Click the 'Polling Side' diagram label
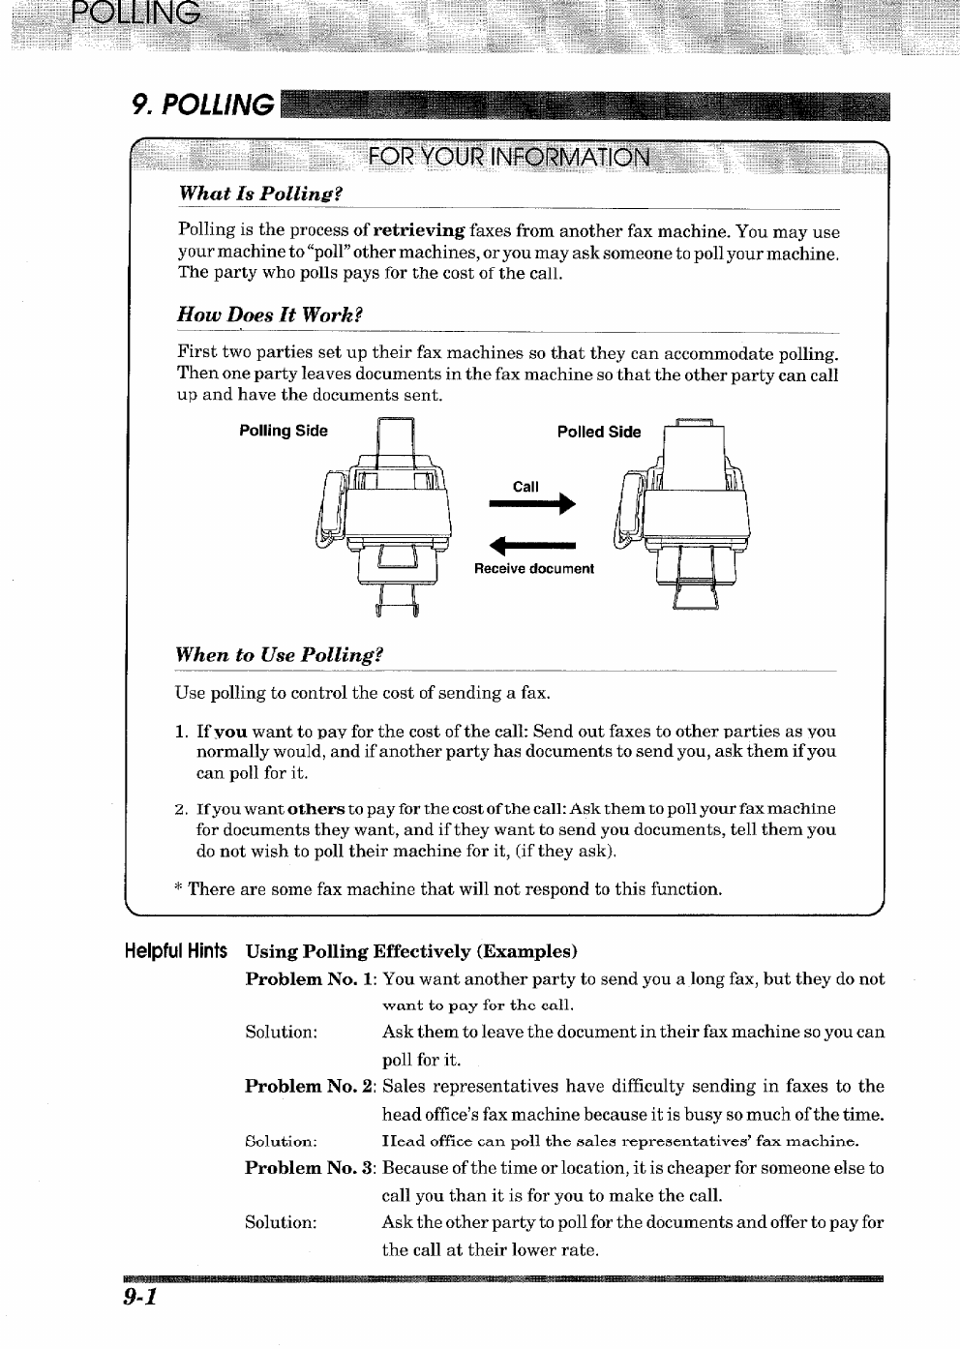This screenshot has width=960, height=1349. pos(284,431)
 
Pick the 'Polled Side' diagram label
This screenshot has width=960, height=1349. pos(599,432)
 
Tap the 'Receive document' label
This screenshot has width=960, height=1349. pos(533,568)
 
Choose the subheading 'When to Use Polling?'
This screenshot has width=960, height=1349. pos(279,654)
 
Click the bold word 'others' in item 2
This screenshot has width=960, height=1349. pos(316,808)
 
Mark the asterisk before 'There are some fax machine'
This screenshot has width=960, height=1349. pos(179,888)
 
